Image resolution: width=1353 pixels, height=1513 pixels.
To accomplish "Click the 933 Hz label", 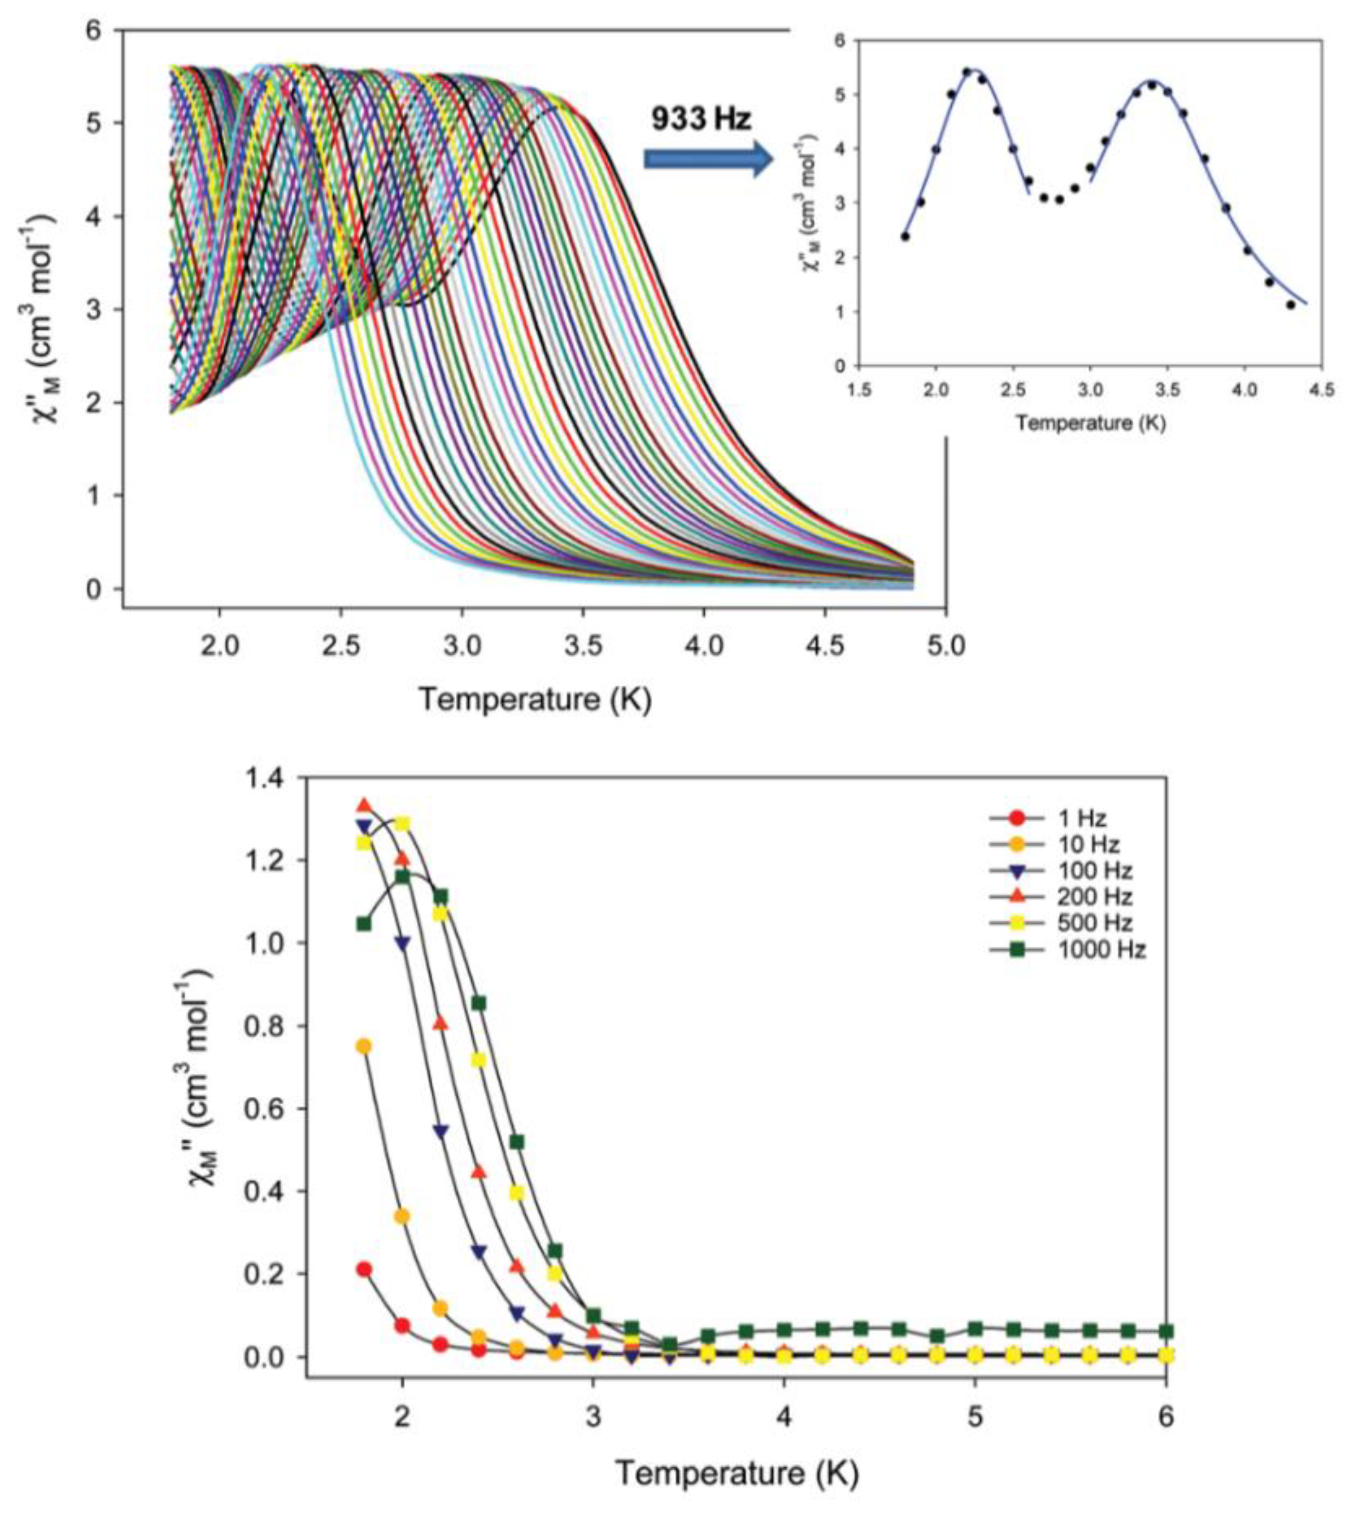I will point(701,119).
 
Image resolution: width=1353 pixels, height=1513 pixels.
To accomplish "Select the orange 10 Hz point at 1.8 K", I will point(363,1046).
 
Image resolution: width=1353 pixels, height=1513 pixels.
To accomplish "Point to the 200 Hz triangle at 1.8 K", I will point(363,805).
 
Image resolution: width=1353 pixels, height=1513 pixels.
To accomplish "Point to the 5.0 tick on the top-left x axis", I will point(945,645).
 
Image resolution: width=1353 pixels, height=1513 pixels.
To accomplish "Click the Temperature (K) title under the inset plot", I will point(1090,423).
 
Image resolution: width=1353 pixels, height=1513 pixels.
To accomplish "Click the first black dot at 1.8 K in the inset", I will point(905,236).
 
